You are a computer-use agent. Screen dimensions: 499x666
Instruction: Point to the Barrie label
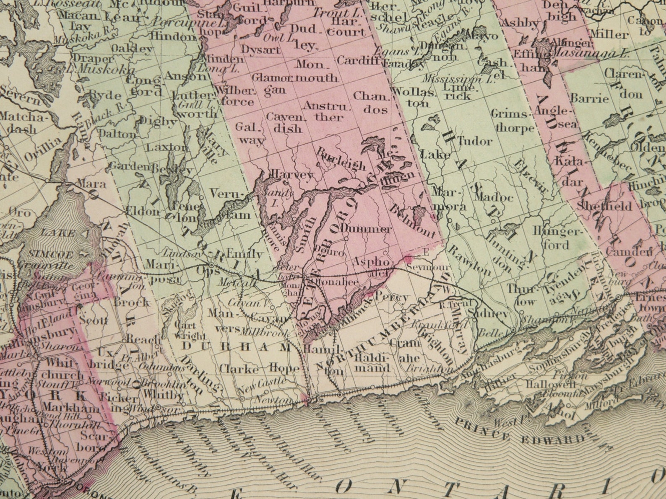[589, 99]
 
